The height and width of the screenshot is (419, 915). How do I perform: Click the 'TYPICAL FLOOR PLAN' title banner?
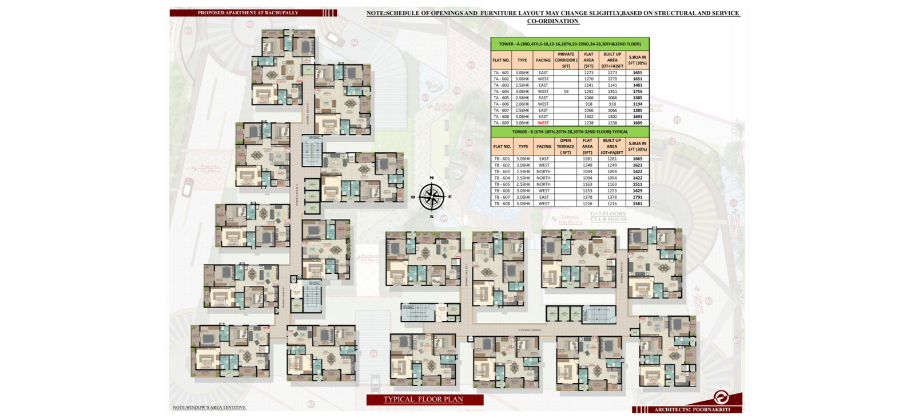coord(424,400)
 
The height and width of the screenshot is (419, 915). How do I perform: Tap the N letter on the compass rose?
coord(432,178)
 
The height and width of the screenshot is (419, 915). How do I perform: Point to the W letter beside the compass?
coord(413,197)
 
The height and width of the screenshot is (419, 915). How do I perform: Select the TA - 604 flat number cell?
coord(501,91)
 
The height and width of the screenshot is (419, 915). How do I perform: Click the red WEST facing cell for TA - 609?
coord(543,123)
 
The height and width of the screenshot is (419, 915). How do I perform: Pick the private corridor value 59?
coord(566,91)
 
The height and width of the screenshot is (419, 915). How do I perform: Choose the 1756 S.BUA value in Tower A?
coord(638,91)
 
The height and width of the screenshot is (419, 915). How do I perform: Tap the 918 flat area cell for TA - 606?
coord(588,104)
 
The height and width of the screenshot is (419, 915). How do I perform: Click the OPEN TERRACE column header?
coord(566,146)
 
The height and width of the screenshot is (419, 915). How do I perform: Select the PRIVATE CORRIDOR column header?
coord(566,60)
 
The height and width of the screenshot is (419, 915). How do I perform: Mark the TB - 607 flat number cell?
coord(502,197)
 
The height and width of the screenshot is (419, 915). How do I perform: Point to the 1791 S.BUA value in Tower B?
coord(638,197)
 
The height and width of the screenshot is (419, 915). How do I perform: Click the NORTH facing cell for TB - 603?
coord(543,171)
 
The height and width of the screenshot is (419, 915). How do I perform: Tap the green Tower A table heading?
coord(570,44)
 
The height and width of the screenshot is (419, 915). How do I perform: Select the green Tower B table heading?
coord(570,131)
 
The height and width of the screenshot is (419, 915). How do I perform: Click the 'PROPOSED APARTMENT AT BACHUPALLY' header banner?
coord(248,13)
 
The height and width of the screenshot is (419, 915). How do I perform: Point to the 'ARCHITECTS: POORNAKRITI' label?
coord(692,409)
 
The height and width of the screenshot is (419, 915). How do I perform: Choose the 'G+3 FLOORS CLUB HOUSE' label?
coord(608,217)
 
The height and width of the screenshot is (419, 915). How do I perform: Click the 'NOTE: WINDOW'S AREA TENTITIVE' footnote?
coord(209,408)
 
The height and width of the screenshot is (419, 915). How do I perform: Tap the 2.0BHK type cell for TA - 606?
coord(522,104)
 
